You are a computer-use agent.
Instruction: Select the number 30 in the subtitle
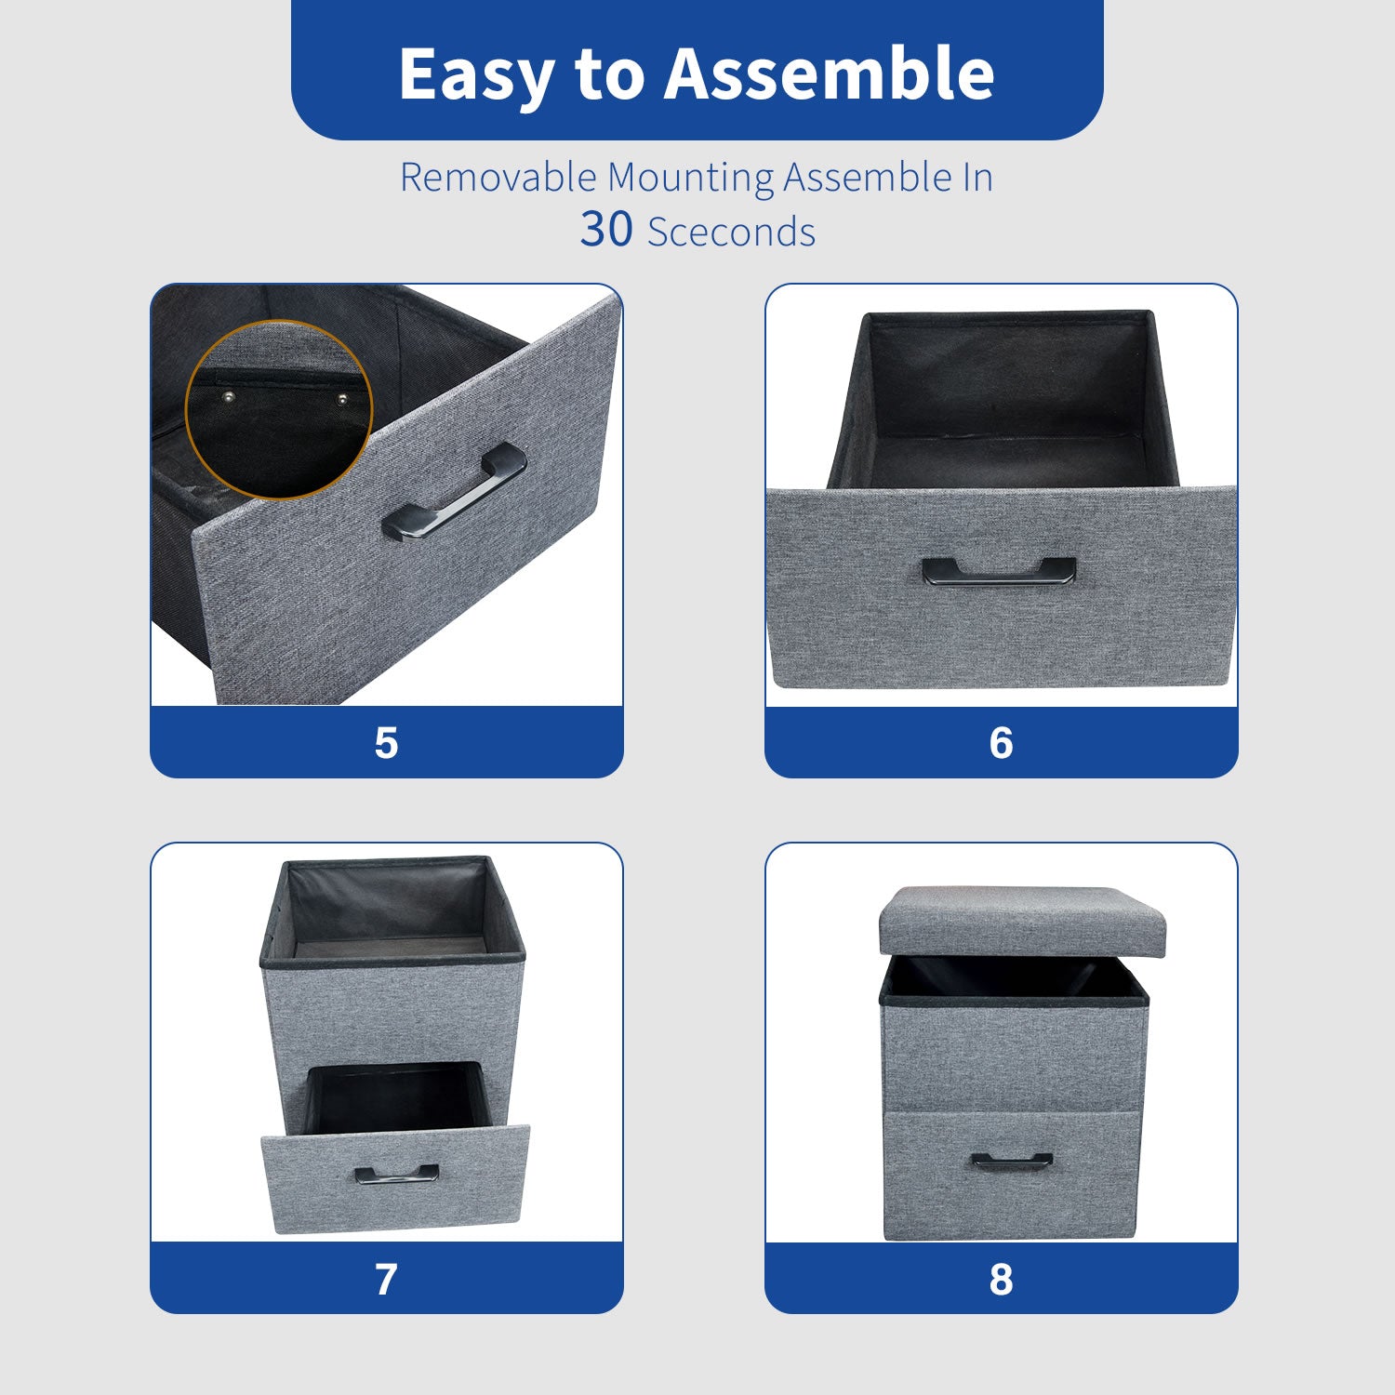606,229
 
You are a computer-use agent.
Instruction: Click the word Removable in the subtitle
498,177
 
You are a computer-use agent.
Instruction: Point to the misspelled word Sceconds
731,232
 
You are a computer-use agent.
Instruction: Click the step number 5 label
386,743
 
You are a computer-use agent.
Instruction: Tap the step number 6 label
1001,743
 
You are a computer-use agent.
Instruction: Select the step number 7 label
386,1280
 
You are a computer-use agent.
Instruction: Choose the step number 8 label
1001,1280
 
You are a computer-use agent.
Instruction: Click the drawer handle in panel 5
454,492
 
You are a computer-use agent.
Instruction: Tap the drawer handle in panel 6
999,569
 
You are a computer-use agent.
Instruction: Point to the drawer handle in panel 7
397,1174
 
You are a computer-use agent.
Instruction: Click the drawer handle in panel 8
1012,1161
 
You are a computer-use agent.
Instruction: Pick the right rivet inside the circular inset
341,399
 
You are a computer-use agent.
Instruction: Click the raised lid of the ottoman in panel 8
1022,921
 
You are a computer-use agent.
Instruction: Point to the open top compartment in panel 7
391,907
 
